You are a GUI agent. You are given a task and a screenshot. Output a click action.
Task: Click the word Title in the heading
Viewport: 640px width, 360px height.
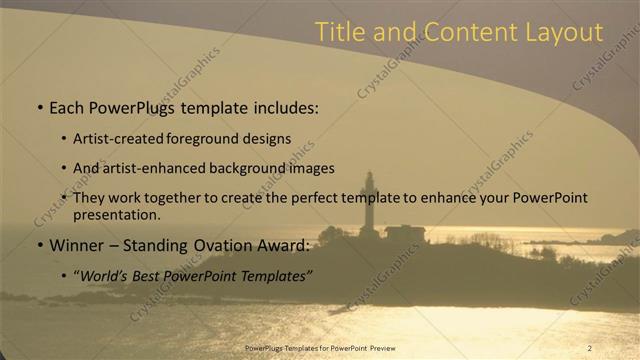tap(338, 32)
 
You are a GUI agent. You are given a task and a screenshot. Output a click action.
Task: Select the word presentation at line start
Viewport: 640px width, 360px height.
tap(115, 214)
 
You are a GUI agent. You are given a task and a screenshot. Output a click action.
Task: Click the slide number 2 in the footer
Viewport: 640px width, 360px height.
tap(589, 347)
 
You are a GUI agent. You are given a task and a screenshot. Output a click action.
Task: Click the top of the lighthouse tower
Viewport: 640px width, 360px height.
tap(369, 177)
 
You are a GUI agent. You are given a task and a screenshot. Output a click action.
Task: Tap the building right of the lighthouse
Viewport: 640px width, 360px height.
tap(404, 233)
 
